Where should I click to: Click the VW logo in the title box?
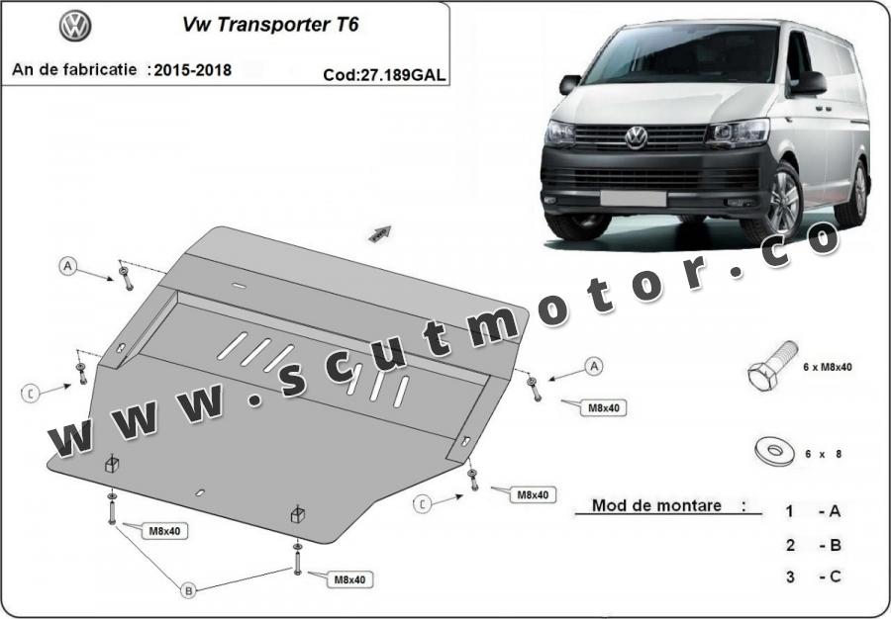click(x=75, y=26)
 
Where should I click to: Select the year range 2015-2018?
click(x=193, y=70)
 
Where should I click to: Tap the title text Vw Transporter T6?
click(x=270, y=25)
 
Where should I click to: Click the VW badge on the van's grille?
click(x=636, y=137)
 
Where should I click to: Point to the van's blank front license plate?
click(x=633, y=199)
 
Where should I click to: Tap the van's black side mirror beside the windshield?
click(x=808, y=83)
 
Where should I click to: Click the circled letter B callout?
click(x=188, y=590)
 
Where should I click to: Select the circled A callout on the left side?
click(x=67, y=266)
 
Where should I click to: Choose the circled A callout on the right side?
click(x=594, y=367)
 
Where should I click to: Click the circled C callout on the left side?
click(x=30, y=393)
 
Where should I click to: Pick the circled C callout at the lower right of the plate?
click(x=422, y=504)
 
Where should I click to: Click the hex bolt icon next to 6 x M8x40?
click(x=771, y=366)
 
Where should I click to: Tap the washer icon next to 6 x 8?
click(x=773, y=452)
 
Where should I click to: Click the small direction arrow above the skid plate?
click(x=380, y=233)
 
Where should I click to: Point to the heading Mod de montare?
click(x=656, y=505)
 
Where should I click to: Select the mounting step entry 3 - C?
click(x=813, y=577)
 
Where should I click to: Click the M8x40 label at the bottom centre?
click(x=349, y=579)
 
